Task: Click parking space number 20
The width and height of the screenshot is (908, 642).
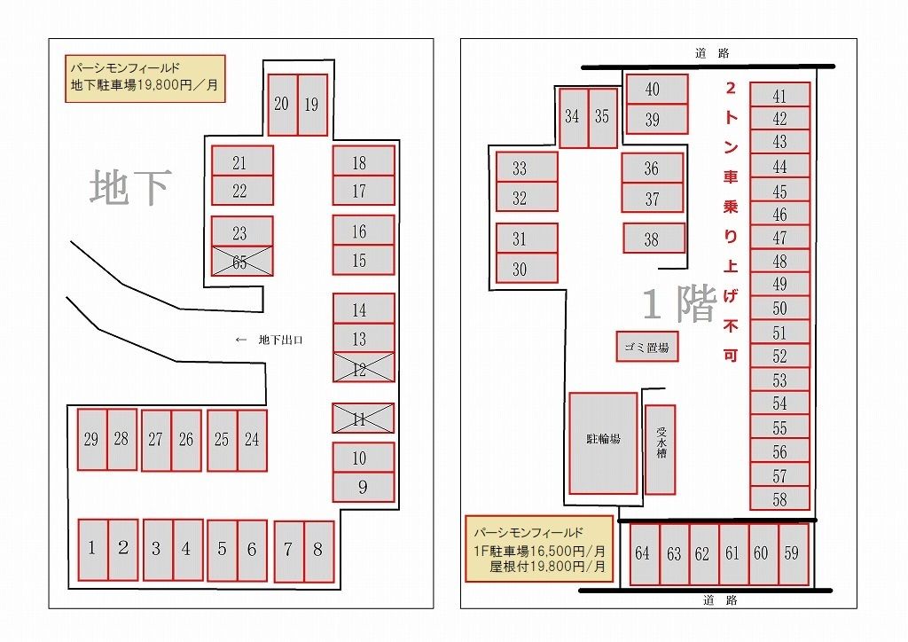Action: (282, 105)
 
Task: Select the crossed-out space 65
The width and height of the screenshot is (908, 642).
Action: (242, 261)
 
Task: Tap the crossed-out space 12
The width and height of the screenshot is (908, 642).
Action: (364, 368)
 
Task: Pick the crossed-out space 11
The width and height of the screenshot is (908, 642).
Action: (363, 418)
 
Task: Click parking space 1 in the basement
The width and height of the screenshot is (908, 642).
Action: (92, 550)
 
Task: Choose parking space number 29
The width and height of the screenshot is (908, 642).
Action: (92, 440)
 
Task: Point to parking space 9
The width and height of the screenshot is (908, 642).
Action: (364, 488)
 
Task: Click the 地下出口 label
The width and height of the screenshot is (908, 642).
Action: (280, 340)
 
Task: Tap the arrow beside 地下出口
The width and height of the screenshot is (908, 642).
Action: (241, 340)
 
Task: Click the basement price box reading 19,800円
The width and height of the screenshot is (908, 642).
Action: (145, 78)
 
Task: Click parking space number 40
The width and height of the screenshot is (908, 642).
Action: (657, 90)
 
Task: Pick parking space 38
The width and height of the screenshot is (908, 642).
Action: (654, 239)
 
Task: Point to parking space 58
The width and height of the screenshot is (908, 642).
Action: (779, 499)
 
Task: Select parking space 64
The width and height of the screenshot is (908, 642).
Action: (645, 554)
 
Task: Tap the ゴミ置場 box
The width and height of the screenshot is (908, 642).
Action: (646, 347)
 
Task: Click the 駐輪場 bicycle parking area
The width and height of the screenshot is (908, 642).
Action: (603, 443)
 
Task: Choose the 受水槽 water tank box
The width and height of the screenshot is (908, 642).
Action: (660, 450)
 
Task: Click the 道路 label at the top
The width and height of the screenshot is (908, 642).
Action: (712, 53)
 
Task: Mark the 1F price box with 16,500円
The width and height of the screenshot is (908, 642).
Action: (539, 549)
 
